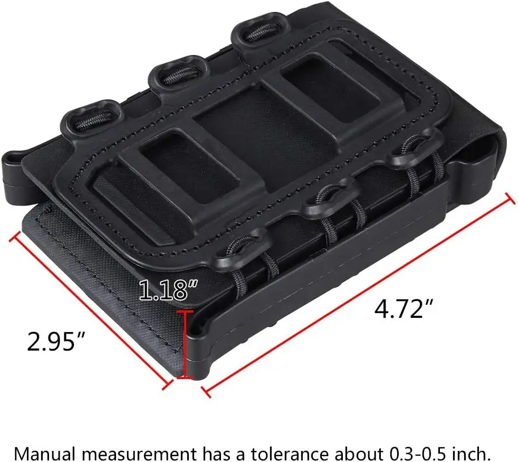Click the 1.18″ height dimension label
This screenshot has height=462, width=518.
coord(168,290)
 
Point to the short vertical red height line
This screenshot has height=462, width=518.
coord(185,344)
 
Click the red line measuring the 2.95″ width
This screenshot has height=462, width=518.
coord(91,310)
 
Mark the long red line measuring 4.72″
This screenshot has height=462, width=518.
coord(359,295)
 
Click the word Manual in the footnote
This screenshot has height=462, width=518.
coord(40,453)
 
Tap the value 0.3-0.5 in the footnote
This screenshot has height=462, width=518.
coord(418,453)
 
